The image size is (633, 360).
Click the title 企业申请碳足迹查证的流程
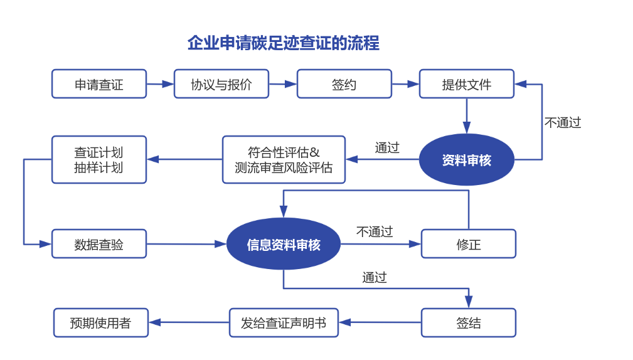click(283, 43)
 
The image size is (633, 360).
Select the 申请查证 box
click(99, 84)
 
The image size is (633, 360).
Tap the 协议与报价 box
click(221, 84)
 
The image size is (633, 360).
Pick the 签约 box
click(344, 84)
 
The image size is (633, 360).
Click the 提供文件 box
click(467, 84)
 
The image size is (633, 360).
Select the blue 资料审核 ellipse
click(466, 160)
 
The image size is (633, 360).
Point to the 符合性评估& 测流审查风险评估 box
click(284, 160)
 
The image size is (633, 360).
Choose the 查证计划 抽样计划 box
click(99, 160)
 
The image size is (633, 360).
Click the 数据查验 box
click(99, 244)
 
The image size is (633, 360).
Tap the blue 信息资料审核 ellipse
click(284, 244)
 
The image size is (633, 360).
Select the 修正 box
click(469, 244)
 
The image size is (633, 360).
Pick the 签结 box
click(469, 323)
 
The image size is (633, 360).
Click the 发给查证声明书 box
click(284, 323)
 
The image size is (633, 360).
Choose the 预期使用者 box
click(101, 323)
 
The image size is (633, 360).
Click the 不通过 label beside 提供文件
click(563, 123)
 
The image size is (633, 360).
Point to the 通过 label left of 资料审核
click(387, 148)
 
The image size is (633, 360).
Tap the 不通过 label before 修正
click(375, 232)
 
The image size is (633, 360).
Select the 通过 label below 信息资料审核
click(375, 278)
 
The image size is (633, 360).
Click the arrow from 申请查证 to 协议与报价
click(160, 84)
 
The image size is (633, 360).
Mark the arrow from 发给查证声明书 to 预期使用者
click(189, 323)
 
